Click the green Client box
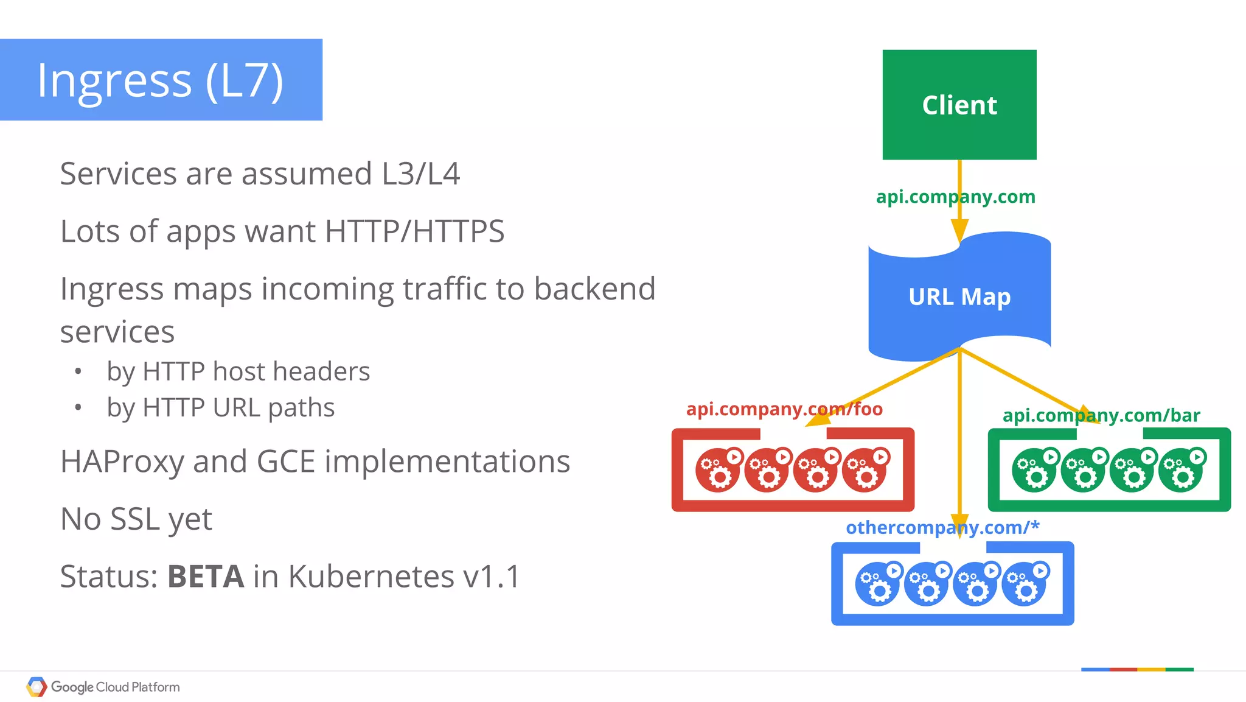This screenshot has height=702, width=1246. [x=959, y=105]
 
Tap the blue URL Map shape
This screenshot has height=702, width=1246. [x=959, y=297]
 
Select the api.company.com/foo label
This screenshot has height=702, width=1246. [x=784, y=409]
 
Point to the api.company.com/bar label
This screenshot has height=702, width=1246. [x=1101, y=415]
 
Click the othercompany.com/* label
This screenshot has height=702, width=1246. [x=942, y=527]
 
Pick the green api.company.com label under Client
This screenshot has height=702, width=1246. [x=955, y=197]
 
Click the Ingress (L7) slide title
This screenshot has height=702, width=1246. [x=161, y=80]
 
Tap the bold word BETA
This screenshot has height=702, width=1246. [x=206, y=576]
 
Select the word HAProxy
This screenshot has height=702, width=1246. [x=122, y=462]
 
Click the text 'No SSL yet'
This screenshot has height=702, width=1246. [x=136, y=519]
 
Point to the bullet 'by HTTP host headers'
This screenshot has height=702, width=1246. [x=238, y=371]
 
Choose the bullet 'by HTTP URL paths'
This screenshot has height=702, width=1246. [x=220, y=407]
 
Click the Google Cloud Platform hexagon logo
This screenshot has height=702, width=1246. [x=37, y=687]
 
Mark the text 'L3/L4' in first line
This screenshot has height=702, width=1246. [x=420, y=174]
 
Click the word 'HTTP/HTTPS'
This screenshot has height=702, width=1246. [x=414, y=231]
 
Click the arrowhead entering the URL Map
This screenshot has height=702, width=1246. [x=959, y=232]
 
